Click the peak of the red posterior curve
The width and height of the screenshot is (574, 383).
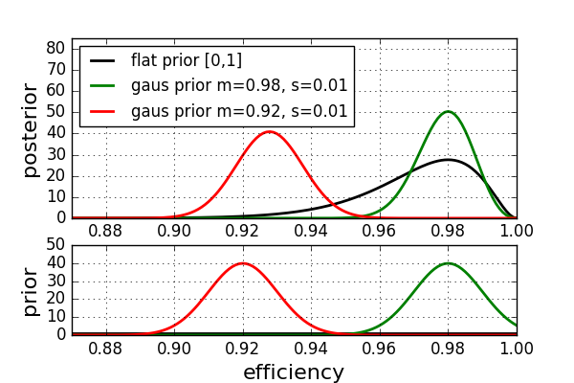(270, 131)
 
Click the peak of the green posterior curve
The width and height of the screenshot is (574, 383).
(448, 111)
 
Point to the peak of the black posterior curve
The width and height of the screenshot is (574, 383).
(448, 160)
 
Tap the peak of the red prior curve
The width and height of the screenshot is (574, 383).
(243, 263)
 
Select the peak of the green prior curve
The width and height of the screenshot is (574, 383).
(448, 263)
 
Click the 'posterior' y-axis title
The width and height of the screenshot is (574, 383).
(31, 130)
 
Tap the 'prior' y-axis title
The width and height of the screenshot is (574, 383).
(31, 291)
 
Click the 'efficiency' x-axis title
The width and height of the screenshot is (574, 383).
(294, 372)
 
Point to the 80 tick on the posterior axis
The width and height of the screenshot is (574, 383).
(55, 48)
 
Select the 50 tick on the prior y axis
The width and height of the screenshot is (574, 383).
(55, 245)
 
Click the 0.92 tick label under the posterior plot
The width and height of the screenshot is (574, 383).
(242, 232)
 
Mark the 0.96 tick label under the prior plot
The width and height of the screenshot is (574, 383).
(379, 349)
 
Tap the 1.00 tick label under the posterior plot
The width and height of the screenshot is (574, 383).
(517, 232)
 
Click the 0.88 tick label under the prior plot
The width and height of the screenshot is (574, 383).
(105, 349)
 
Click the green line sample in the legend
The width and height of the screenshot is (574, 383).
(102, 86)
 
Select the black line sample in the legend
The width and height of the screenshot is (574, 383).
(102, 60)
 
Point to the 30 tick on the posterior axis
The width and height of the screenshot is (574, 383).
(55, 155)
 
